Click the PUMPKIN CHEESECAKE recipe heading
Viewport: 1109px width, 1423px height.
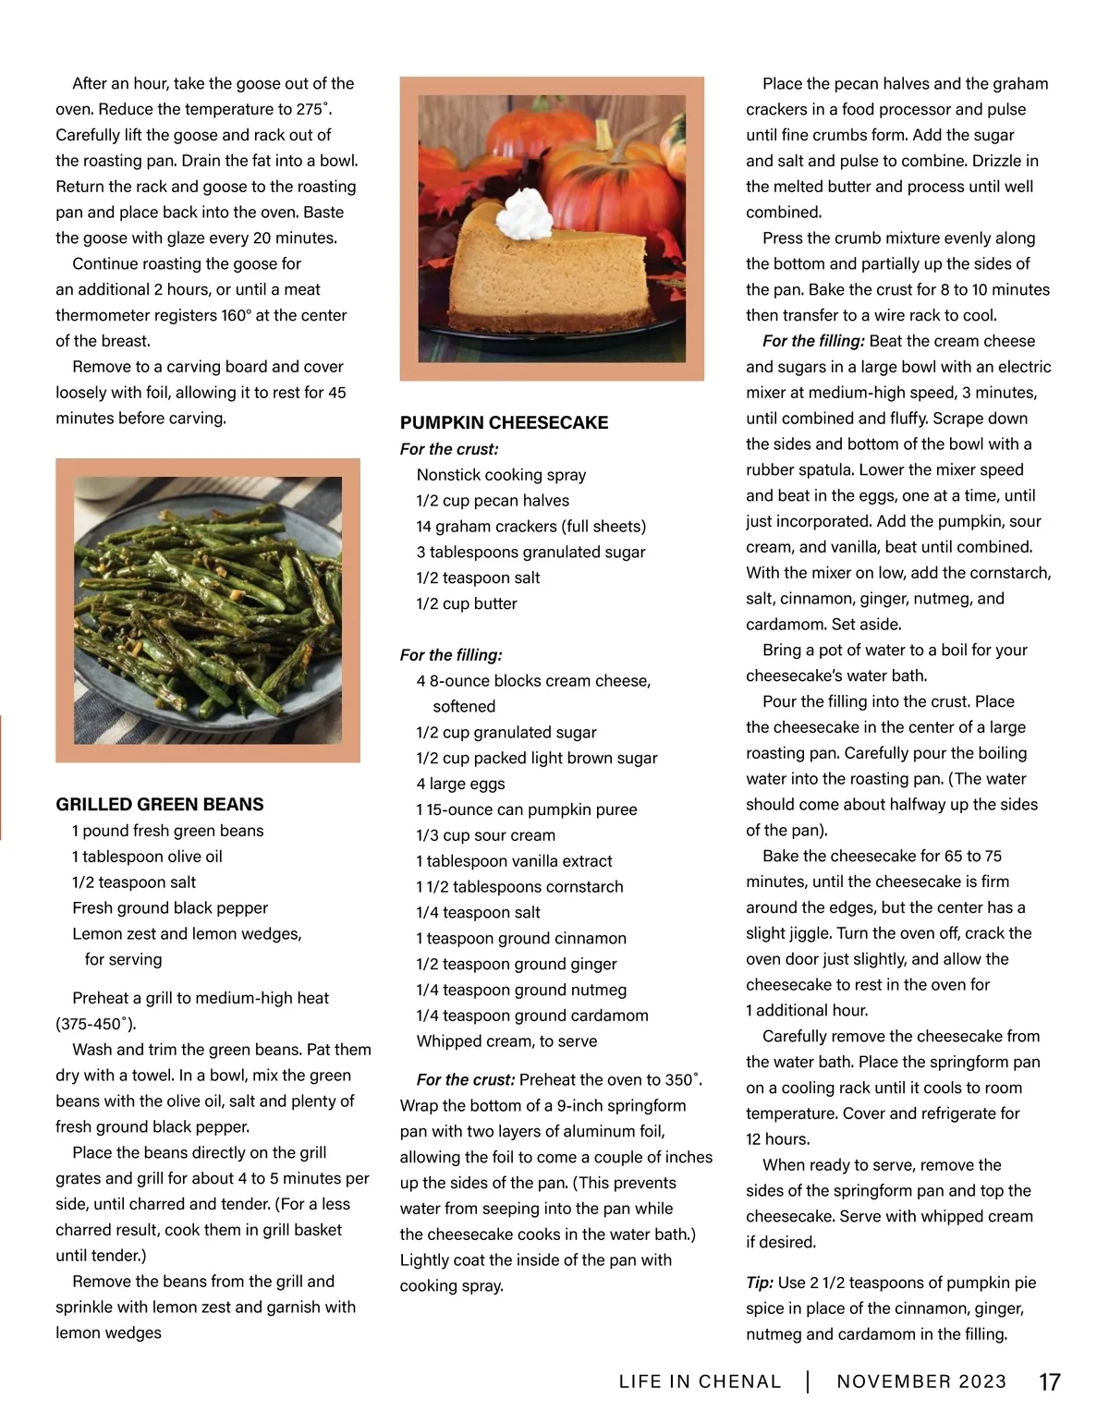click(504, 423)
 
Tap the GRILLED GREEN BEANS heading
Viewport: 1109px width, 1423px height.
click(159, 805)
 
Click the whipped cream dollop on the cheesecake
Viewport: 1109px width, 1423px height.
click(524, 213)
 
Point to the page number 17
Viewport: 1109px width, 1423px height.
click(1049, 1382)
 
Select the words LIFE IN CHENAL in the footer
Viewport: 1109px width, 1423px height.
click(700, 1382)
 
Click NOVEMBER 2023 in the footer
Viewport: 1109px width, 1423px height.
click(920, 1382)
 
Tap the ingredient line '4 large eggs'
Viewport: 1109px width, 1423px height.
click(460, 784)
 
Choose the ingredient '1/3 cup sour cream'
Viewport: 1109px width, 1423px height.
click(485, 835)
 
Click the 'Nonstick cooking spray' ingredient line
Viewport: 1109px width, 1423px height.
click(501, 475)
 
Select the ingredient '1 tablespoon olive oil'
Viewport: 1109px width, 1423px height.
click(147, 857)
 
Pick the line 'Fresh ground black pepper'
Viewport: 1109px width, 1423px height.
click(170, 908)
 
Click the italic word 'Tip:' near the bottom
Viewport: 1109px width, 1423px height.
click(760, 1283)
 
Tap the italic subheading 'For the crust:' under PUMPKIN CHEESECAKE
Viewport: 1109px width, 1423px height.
click(449, 449)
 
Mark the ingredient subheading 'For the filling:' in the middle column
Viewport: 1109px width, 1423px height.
click(451, 655)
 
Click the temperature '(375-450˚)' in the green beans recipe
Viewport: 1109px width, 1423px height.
click(96, 1024)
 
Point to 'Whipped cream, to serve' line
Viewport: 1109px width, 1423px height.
click(506, 1041)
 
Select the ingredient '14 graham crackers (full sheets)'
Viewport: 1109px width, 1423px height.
click(530, 527)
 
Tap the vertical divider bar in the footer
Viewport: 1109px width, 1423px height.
click(808, 1382)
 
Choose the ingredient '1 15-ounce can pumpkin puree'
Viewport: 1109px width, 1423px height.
click(526, 809)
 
